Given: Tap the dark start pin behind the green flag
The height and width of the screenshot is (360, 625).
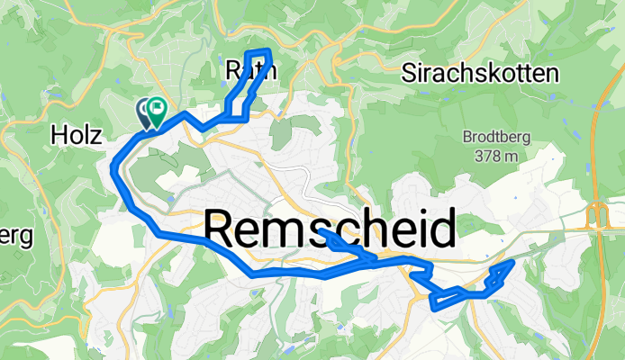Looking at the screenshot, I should point(144,112).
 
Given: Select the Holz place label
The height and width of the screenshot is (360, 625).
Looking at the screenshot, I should point(78,135).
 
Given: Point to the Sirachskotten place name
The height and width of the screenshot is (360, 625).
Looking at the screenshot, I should point(479,72).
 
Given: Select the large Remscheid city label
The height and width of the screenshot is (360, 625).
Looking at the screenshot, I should point(330,229).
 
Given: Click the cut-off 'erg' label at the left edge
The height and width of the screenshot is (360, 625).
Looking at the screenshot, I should point(16,237).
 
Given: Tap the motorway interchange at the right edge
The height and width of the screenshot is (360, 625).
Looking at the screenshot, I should point(596,217).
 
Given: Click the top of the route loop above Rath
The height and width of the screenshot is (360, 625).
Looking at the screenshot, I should point(258,51).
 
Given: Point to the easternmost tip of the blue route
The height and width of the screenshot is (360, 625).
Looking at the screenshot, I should point(513,261).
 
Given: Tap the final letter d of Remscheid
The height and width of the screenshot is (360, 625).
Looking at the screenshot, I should point(441,229).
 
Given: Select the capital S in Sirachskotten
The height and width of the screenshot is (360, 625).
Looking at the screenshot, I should point(411,72).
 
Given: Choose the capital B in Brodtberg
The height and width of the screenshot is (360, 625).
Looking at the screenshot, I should point(468,139).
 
